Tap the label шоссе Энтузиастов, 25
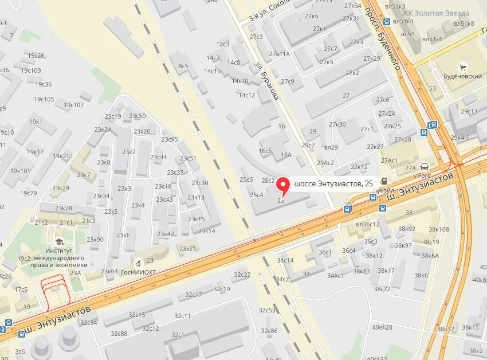pyautogui.click(x=333, y=183)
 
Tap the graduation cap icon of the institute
pyautogui.click(x=59, y=241)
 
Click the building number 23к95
pyautogui.click(x=170, y=139)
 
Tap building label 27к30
pyautogui.click(x=337, y=124)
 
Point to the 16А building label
pyautogui.click(x=286, y=155)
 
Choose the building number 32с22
pyautogui.click(x=242, y=275)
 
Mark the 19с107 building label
pyautogui.click(x=73, y=105)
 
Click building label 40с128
pyautogui.click(x=382, y=327)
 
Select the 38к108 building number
pyautogui.click(x=439, y=229)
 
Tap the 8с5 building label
pyautogui.click(x=183, y=66)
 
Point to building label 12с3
pyautogui.click(x=223, y=44)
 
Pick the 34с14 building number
pyautogui.click(x=285, y=260)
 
